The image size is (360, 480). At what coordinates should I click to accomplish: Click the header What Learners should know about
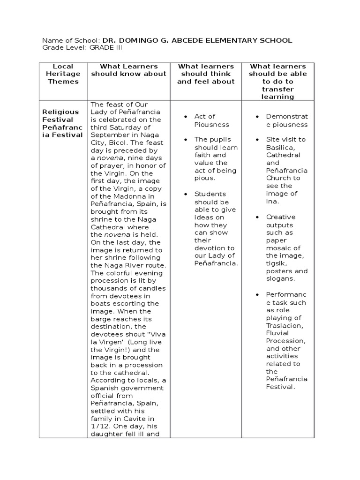pos(128,70)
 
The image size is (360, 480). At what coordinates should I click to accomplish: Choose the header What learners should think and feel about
pos(205,74)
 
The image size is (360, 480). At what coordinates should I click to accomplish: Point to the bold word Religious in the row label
pos(60,112)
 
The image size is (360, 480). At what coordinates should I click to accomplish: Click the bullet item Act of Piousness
pos(205,120)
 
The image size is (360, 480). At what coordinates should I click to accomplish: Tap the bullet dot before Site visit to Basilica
pos(257,140)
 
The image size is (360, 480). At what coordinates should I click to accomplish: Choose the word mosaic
pos(277,248)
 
